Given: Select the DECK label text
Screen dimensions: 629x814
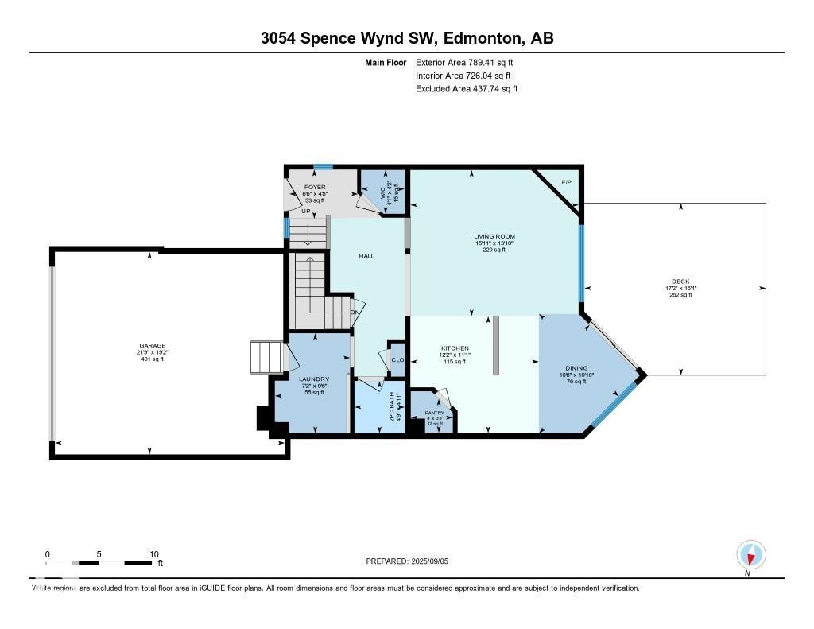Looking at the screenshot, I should (x=680, y=281).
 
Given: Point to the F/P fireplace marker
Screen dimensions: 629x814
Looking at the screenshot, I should (x=567, y=183).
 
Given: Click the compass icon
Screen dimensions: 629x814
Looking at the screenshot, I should (x=750, y=554).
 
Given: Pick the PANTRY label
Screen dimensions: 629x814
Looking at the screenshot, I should (x=434, y=413).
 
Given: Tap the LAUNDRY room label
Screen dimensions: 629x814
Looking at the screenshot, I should (x=313, y=379).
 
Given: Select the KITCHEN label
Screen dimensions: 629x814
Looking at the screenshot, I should (x=455, y=348).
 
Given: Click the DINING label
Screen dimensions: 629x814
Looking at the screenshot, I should (x=576, y=368).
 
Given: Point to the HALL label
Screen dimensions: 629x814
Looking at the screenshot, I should (x=366, y=256).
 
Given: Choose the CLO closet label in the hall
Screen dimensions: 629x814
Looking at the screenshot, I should (x=397, y=360).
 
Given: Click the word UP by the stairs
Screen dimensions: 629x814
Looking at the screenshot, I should (x=295, y=212).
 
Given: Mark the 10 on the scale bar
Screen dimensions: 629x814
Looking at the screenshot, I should (x=154, y=554).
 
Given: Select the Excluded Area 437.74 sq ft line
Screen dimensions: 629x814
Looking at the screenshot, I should (x=467, y=89).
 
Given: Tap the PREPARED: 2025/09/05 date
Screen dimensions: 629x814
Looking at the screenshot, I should (x=413, y=561).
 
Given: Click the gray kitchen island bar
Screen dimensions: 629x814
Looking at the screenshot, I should (x=495, y=345).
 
